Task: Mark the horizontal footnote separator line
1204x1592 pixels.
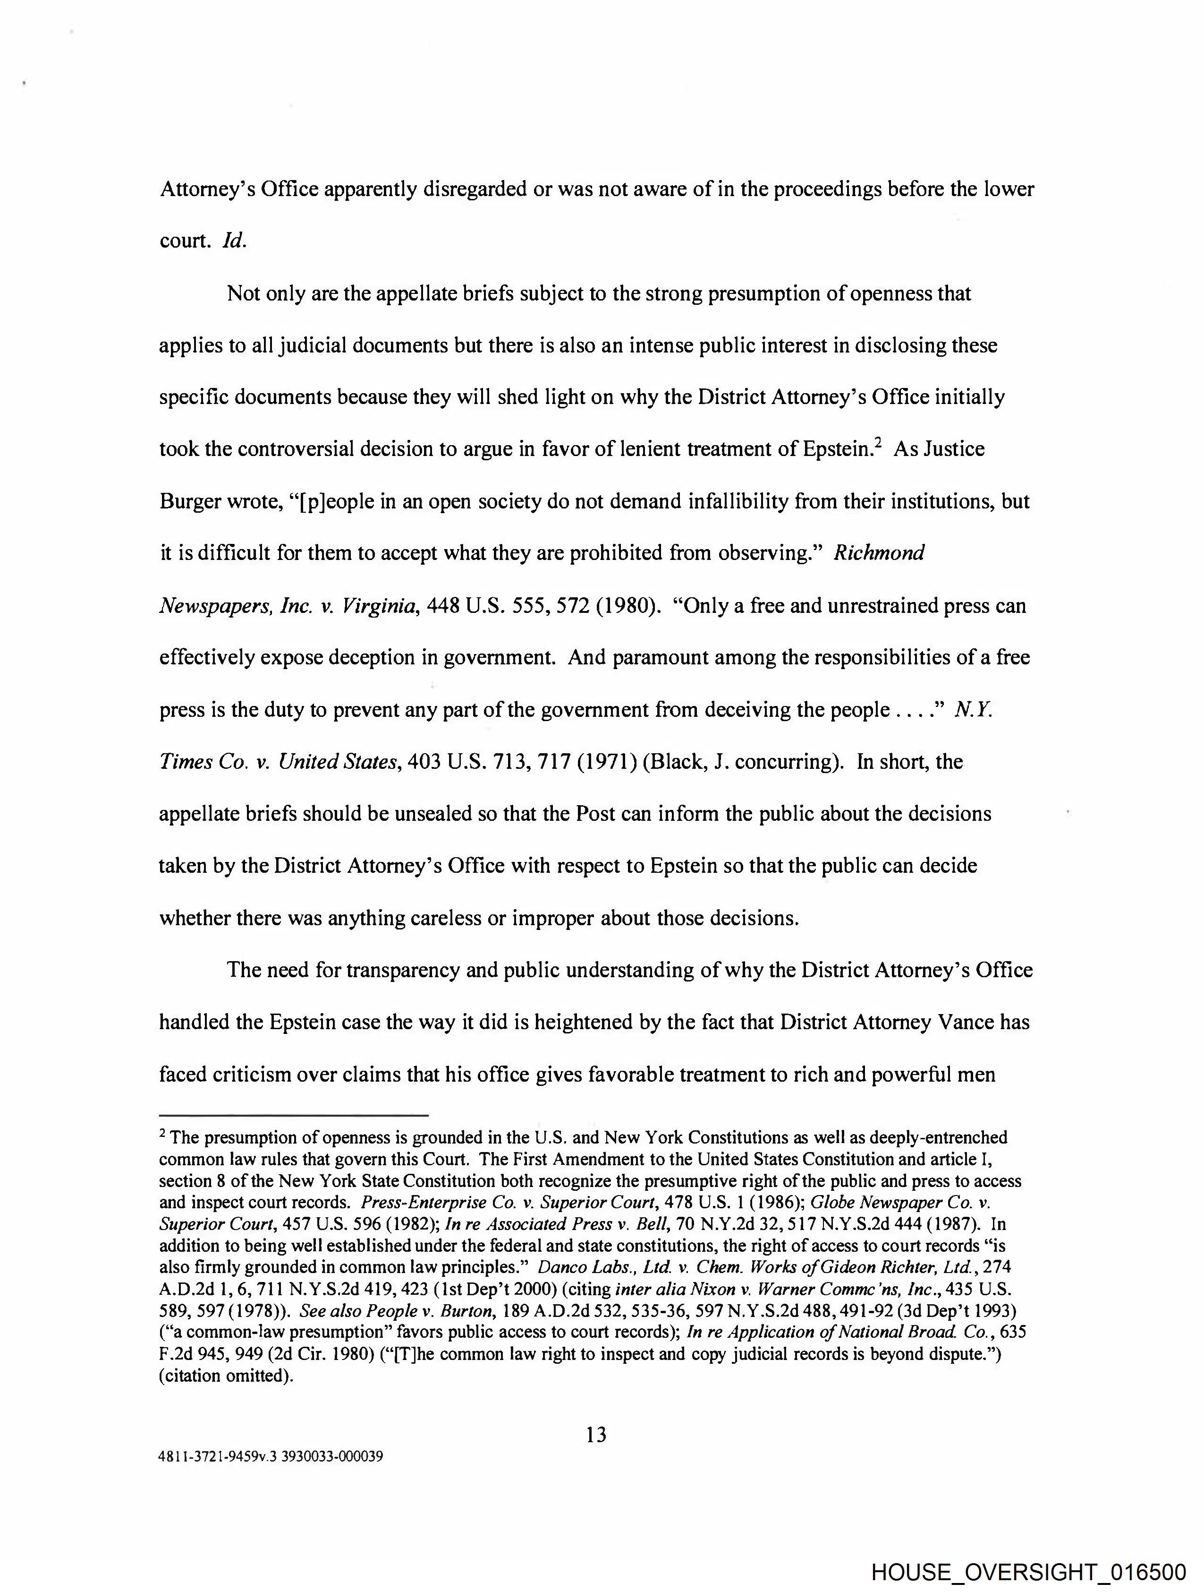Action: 294,1116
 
